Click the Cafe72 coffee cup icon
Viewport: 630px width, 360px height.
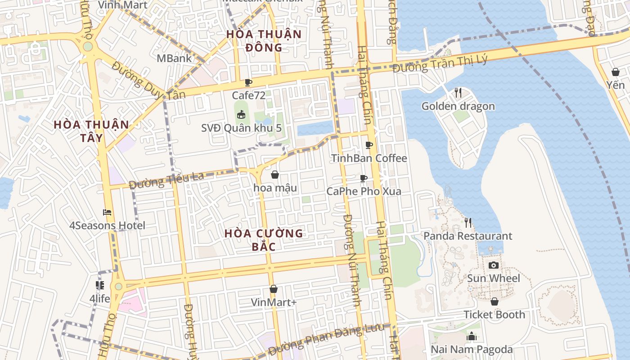pos(248,82)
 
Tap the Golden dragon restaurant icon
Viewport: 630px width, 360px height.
pos(458,93)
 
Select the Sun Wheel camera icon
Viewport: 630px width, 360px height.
pos(494,265)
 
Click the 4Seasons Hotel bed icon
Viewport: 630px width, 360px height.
pos(107,212)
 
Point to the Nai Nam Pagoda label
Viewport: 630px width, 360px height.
pos(472,349)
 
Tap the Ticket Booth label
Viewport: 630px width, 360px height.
pos(494,315)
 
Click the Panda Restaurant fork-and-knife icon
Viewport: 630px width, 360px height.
pos(468,222)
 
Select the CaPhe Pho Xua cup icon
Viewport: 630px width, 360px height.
pos(364,178)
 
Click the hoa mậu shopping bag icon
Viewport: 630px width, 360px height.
pos(274,175)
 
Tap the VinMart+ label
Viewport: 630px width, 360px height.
pos(274,302)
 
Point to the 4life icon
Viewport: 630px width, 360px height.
pos(100,285)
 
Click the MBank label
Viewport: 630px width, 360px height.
pos(174,58)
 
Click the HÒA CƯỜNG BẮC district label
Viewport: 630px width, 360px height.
pos(264,240)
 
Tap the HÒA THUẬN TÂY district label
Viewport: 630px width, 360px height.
pos(91,131)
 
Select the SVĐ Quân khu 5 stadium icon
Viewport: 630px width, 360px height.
pos(241,115)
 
